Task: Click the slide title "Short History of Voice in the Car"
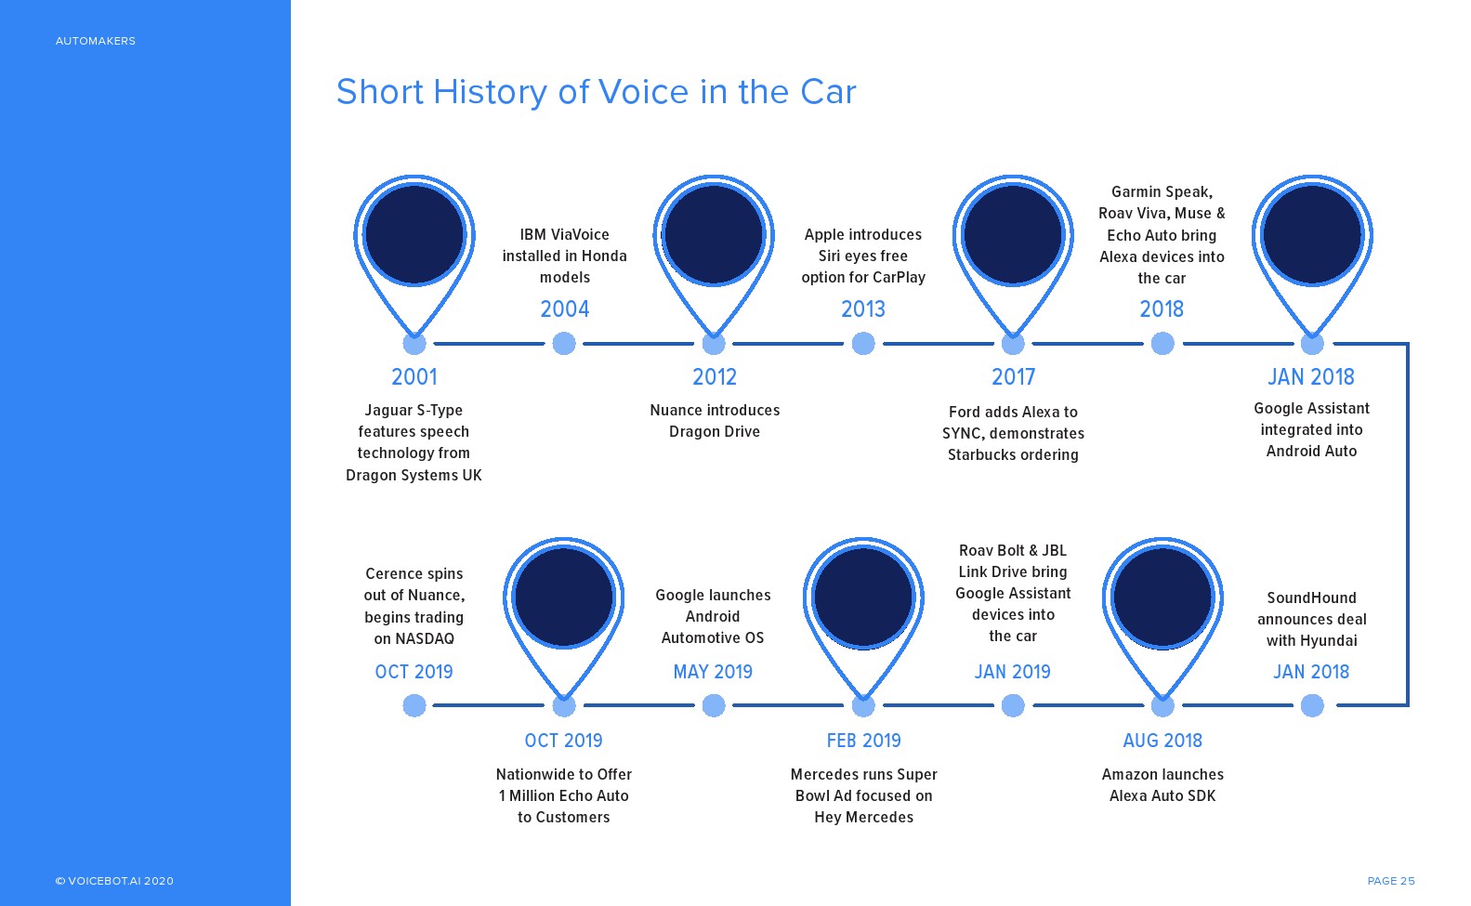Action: click(x=596, y=92)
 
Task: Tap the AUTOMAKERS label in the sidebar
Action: click(x=95, y=41)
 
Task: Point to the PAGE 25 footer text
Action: click(x=1391, y=881)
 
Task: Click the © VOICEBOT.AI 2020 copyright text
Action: click(x=114, y=881)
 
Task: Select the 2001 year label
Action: click(x=414, y=377)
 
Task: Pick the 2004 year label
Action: click(x=565, y=309)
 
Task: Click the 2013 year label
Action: click(x=863, y=309)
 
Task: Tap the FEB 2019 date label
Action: click(x=863, y=741)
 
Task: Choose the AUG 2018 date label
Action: click(x=1162, y=741)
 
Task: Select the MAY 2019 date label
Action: click(x=713, y=672)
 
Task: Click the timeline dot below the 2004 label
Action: click(x=564, y=344)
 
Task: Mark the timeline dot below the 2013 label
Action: click(x=863, y=344)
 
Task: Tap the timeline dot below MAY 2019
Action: click(x=713, y=706)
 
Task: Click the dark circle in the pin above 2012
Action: click(x=714, y=234)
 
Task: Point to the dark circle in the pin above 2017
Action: click(x=1013, y=234)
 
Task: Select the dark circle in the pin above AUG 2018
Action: click(x=1162, y=597)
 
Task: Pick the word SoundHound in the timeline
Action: click(x=1311, y=598)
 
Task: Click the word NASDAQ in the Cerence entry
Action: click(x=425, y=638)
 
